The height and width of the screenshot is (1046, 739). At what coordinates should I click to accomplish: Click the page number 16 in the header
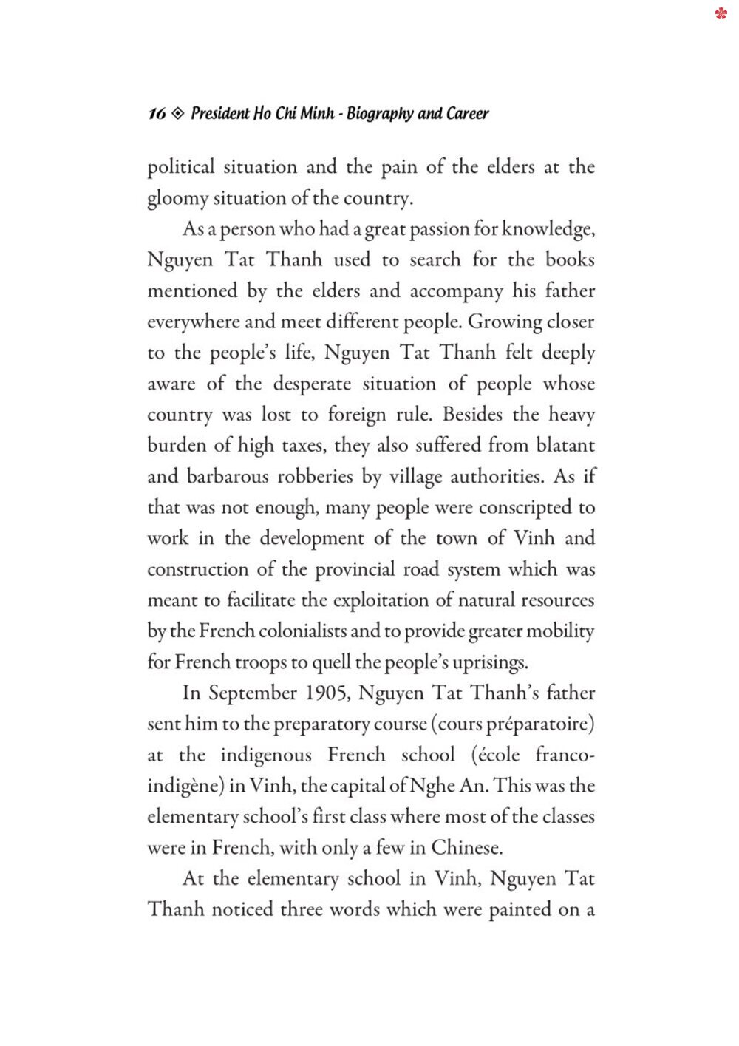[157, 114]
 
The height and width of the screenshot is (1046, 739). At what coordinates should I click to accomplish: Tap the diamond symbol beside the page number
[177, 114]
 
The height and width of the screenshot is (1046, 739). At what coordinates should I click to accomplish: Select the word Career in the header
[467, 114]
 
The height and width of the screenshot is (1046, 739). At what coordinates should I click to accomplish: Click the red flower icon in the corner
[721, 13]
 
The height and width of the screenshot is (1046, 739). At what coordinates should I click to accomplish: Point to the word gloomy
[177, 199]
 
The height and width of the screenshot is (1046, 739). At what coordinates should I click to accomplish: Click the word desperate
[312, 384]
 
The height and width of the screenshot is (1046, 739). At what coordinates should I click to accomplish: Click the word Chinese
[466, 848]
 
